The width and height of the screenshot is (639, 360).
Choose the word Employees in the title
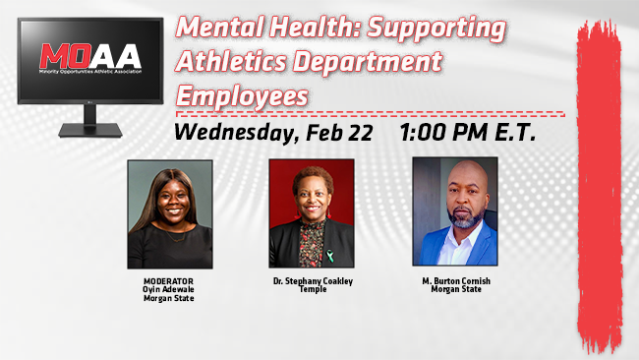(242, 95)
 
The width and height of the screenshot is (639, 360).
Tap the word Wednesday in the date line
(234, 133)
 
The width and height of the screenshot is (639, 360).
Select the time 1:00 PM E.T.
(467, 133)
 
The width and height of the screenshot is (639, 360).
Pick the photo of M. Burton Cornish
(454, 211)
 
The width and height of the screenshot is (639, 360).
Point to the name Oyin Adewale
(169, 288)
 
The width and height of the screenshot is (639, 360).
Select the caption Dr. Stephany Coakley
(312, 281)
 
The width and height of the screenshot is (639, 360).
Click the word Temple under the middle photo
(312, 289)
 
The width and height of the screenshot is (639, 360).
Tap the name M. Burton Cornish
(454, 280)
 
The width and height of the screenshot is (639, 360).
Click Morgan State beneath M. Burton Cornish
(454, 288)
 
